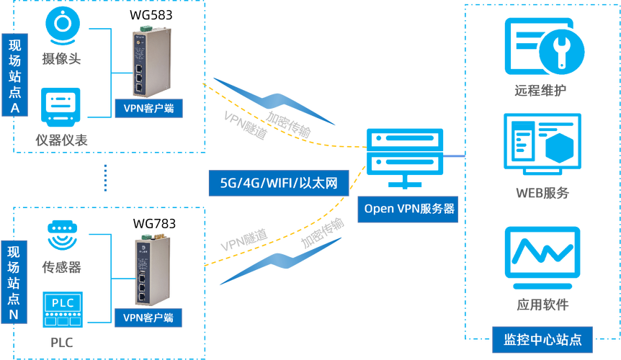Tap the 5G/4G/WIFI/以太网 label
click(x=278, y=181)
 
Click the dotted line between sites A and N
click(x=105, y=177)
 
